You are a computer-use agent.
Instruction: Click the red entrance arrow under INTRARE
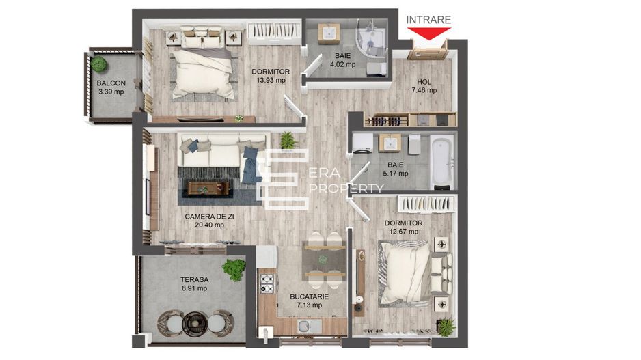(x=428, y=32)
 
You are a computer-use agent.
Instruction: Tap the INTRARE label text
(x=428, y=20)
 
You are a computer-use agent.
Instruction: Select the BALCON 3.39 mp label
(x=111, y=87)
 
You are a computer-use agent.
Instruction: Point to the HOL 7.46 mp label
(x=424, y=86)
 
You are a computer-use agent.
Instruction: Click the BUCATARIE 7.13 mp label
(x=310, y=301)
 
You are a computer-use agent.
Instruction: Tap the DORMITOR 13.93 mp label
(x=271, y=76)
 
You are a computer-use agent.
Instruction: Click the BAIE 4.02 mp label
(x=343, y=60)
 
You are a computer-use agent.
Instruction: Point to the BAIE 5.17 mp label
(x=395, y=169)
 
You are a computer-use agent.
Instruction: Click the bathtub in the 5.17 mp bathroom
(x=442, y=161)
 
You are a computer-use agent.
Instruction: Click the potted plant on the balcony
(x=100, y=65)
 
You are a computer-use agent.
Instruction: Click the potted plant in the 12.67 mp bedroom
(x=446, y=326)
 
